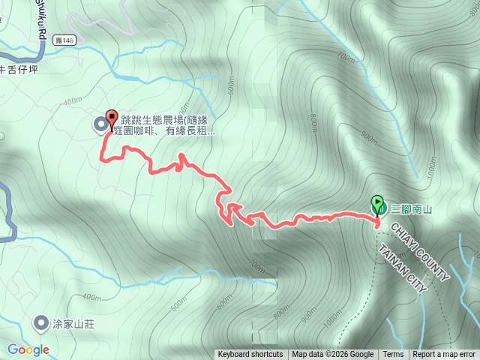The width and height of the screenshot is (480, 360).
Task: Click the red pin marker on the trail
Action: click(x=112, y=118)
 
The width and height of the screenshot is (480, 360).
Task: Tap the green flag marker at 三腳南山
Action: click(x=377, y=203)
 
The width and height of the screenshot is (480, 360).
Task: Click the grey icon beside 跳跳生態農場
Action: click(x=100, y=124)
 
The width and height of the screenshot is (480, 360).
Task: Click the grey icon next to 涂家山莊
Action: click(x=40, y=323)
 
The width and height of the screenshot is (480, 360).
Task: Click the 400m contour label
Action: click(x=73, y=101)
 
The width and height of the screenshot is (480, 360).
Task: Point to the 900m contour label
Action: click(x=368, y=136)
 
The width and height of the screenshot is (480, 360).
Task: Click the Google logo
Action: click(x=28, y=349)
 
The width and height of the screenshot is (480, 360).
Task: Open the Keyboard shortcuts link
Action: click(x=250, y=355)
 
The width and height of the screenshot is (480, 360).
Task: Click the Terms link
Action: click(x=393, y=355)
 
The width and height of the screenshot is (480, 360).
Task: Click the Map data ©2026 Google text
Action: click(x=332, y=355)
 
